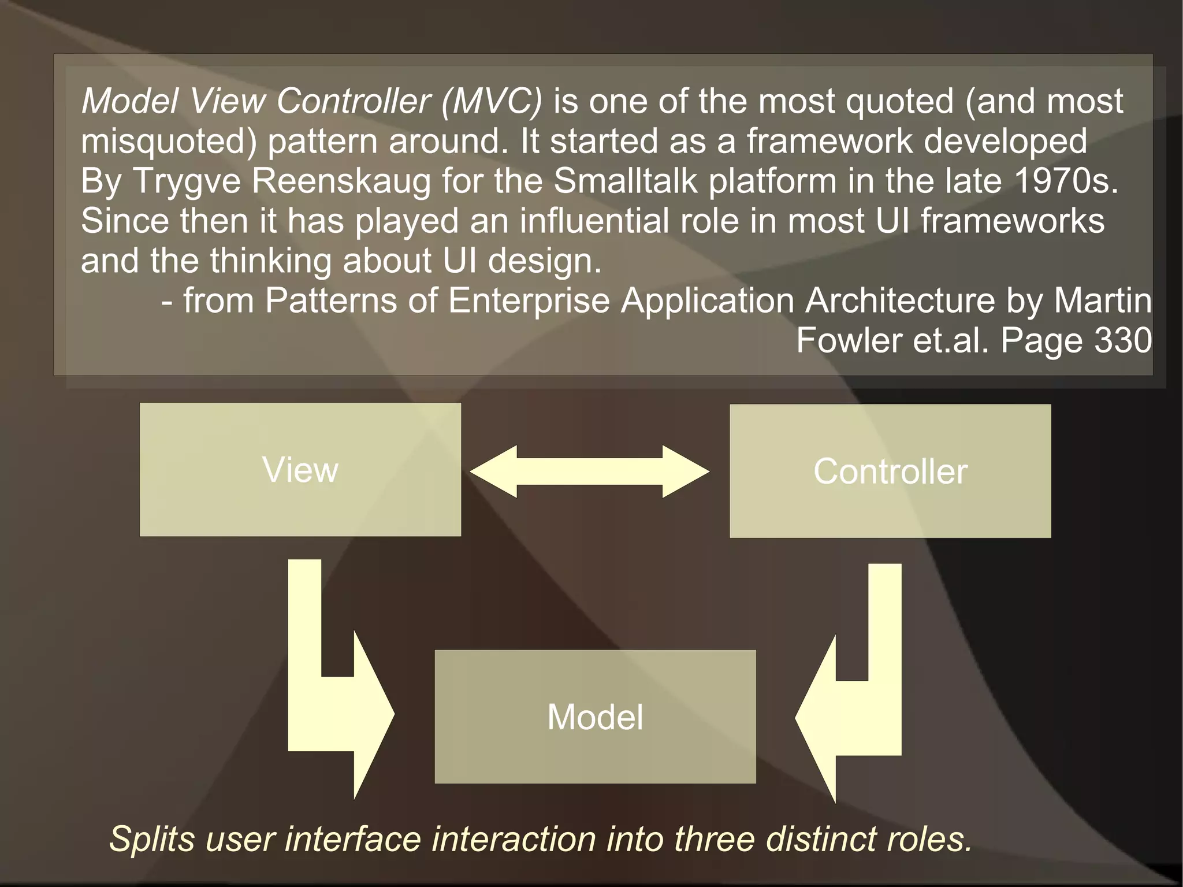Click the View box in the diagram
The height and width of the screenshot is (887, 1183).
coord(300,469)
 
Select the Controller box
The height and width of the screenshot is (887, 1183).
coord(890,471)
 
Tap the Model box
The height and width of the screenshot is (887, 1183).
coord(595,717)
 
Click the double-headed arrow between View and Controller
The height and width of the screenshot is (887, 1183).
coord(589,472)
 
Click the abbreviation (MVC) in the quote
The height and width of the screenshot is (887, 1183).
coord(492,101)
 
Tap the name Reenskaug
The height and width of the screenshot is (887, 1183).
coord(341,181)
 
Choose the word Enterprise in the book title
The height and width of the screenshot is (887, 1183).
coord(529,300)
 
